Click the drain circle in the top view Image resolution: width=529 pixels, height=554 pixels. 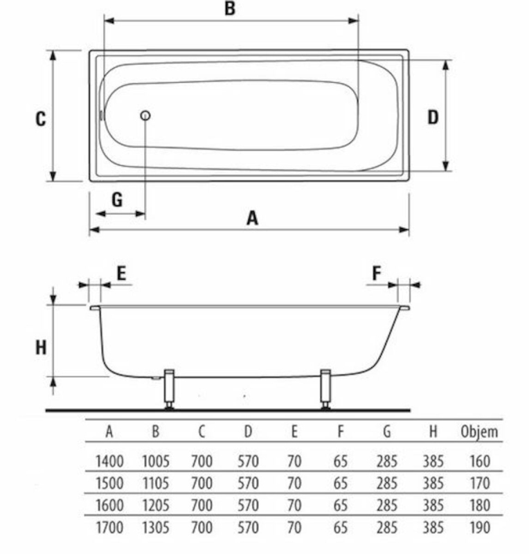pos(145,116)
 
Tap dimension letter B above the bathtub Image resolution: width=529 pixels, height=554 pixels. pos(230,8)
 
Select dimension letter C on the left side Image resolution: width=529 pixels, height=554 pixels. pos(41,118)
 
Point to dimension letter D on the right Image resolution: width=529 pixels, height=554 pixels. pos(433,117)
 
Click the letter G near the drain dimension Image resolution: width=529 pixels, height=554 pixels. pos(117,200)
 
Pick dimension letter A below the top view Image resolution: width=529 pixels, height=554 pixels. pos(252,218)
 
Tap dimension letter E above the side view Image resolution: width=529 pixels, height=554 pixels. pos(121,273)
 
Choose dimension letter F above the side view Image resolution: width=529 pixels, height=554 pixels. pos(377,273)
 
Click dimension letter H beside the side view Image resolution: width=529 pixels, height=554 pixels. pos(41,348)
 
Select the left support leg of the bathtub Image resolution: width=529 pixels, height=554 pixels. pos(169,389)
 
